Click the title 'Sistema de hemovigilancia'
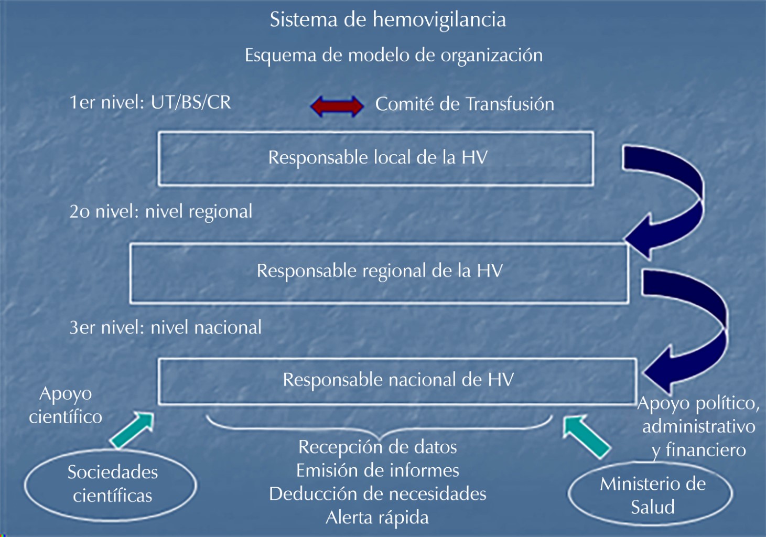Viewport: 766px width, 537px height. pos(387,20)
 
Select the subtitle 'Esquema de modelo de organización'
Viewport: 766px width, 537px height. pos(393,55)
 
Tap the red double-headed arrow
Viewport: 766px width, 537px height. pos(337,106)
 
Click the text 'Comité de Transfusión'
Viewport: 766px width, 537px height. pos(465,104)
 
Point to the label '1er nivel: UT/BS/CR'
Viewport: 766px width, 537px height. pos(150,102)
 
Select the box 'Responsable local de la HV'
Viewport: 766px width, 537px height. pos(376,158)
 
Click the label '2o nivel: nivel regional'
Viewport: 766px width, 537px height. pos(160,211)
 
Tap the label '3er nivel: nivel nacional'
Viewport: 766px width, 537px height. pos(165,327)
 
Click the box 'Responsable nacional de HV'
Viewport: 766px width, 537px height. pos(397,380)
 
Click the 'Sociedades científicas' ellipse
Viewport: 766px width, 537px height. pos(111,484)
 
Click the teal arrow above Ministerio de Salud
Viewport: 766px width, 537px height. pos(586,436)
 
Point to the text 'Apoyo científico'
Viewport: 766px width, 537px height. pos(66,405)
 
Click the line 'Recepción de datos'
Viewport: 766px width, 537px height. pos(377,447)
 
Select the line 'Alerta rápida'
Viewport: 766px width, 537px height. pos(377,518)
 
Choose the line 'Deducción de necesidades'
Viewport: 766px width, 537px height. pos(377,494)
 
